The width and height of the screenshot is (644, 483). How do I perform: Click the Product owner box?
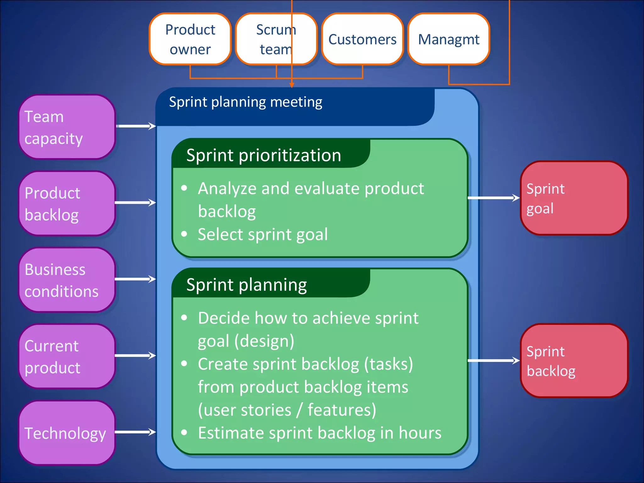[190, 39]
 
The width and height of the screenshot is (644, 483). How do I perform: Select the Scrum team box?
[276, 39]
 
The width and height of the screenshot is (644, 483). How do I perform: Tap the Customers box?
[362, 39]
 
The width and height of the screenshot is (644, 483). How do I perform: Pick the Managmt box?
[448, 39]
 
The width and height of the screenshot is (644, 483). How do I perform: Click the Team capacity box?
[67, 127]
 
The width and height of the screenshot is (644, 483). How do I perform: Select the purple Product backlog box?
[67, 203]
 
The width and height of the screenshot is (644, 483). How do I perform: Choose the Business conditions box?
[67, 280]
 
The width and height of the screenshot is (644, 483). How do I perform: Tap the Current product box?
[67, 356]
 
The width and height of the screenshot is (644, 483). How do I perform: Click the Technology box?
[67, 433]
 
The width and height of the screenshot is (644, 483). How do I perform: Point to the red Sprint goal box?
[574, 198]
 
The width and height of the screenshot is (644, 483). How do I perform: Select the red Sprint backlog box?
[574, 361]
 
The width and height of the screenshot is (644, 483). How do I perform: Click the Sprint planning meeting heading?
[246, 102]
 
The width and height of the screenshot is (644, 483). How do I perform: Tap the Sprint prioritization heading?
[264, 155]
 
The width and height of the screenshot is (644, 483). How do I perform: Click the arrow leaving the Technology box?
[135, 432]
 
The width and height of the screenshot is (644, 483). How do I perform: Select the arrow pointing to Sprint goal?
[493, 198]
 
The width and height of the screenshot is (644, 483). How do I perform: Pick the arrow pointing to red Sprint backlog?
[493, 360]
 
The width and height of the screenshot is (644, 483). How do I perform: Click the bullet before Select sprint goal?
[184, 234]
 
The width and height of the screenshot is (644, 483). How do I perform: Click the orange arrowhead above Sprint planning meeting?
[292, 85]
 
